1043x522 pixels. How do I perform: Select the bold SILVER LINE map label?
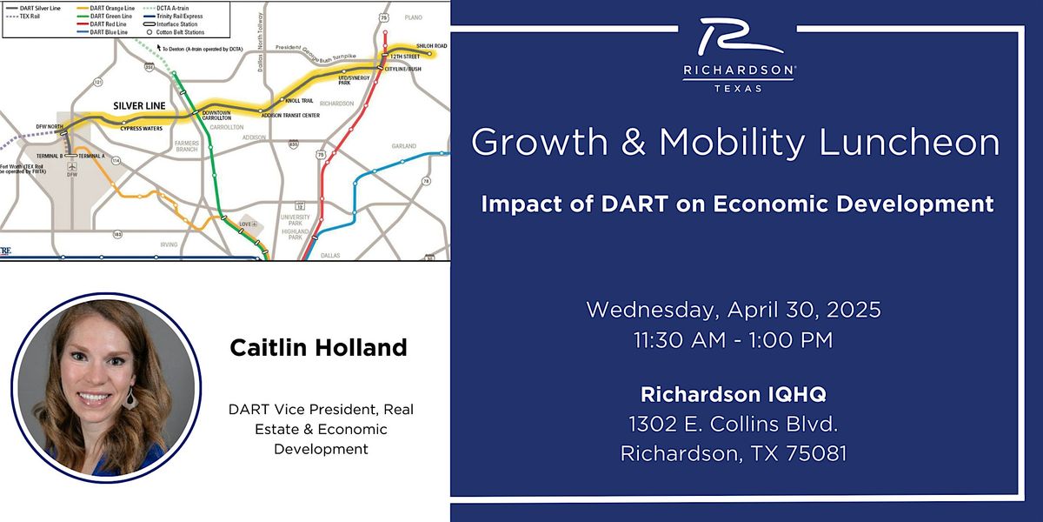pyautogui.click(x=139, y=105)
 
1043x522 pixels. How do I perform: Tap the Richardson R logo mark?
pyautogui.click(x=737, y=40)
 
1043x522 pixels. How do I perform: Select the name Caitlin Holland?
pyautogui.click(x=317, y=348)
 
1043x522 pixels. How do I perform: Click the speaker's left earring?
pyautogui.click(x=130, y=398)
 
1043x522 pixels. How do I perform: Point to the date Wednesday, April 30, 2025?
pyautogui.click(x=734, y=309)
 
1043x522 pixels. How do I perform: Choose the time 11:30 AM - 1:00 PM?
pyautogui.click(x=734, y=340)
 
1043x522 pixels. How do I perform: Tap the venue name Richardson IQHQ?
pyautogui.click(x=734, y=394)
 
